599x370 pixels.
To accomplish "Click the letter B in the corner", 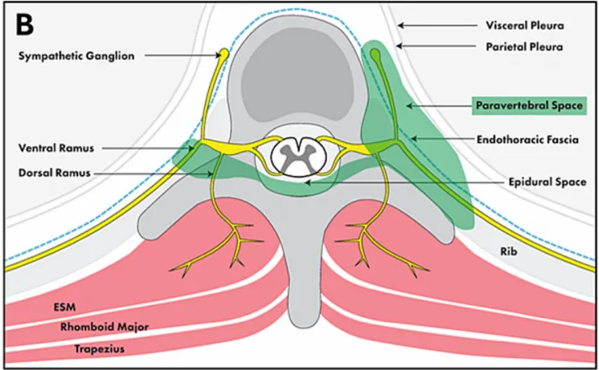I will [x=25, y=24].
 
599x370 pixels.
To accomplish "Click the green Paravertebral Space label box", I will [x=529, y=105].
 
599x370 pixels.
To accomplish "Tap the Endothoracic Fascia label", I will [x=534, y=139].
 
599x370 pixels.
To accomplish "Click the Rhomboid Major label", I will [x=98, y=327].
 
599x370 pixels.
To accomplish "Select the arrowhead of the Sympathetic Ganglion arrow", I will [x=214, y=56].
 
